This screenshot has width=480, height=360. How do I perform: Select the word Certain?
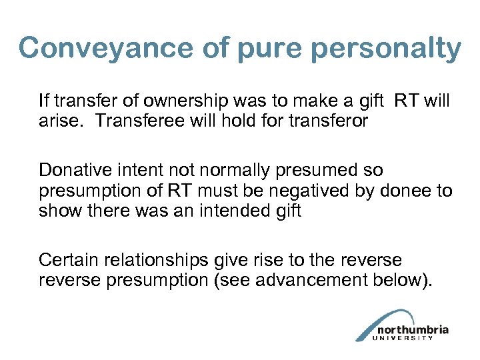click(65, 261)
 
